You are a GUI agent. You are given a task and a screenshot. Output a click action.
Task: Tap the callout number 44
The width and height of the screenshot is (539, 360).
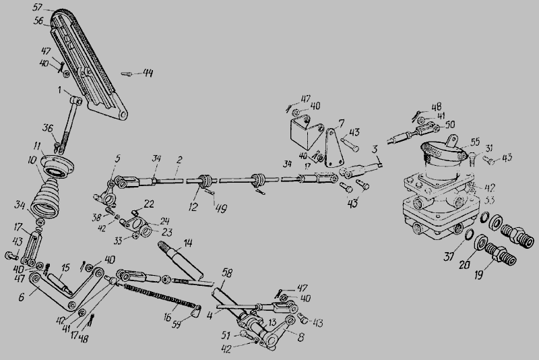tap(148, 72)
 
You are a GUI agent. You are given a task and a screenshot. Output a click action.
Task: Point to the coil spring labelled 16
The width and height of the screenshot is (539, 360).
tap(158, 297)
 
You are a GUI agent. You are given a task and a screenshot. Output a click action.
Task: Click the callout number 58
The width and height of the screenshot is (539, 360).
tap(227, 272)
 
